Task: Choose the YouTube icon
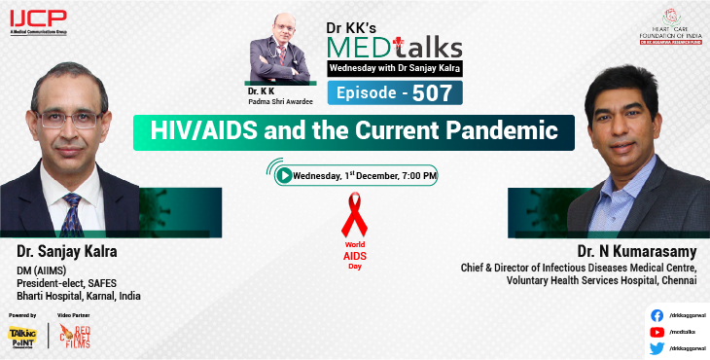pyautogui.click(x=657, y=332)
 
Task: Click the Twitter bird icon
pyautogui.click(x=657, y=347)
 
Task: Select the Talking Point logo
pyautogui.click(x=22, y=337)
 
